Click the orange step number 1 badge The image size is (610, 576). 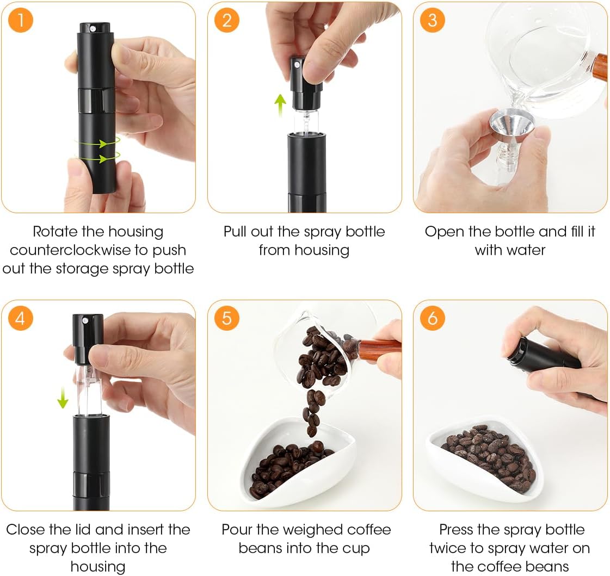tap(21, 20)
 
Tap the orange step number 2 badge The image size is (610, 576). tap(227, 20)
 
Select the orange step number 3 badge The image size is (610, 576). tap(432, 20)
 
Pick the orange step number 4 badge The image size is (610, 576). tap(21, 318)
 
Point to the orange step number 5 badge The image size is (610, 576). tap(227, 318)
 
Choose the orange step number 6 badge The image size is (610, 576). tap(432, 318)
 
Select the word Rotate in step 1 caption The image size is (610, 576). tap(55, 232)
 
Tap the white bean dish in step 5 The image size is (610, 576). tap(298, 463)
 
